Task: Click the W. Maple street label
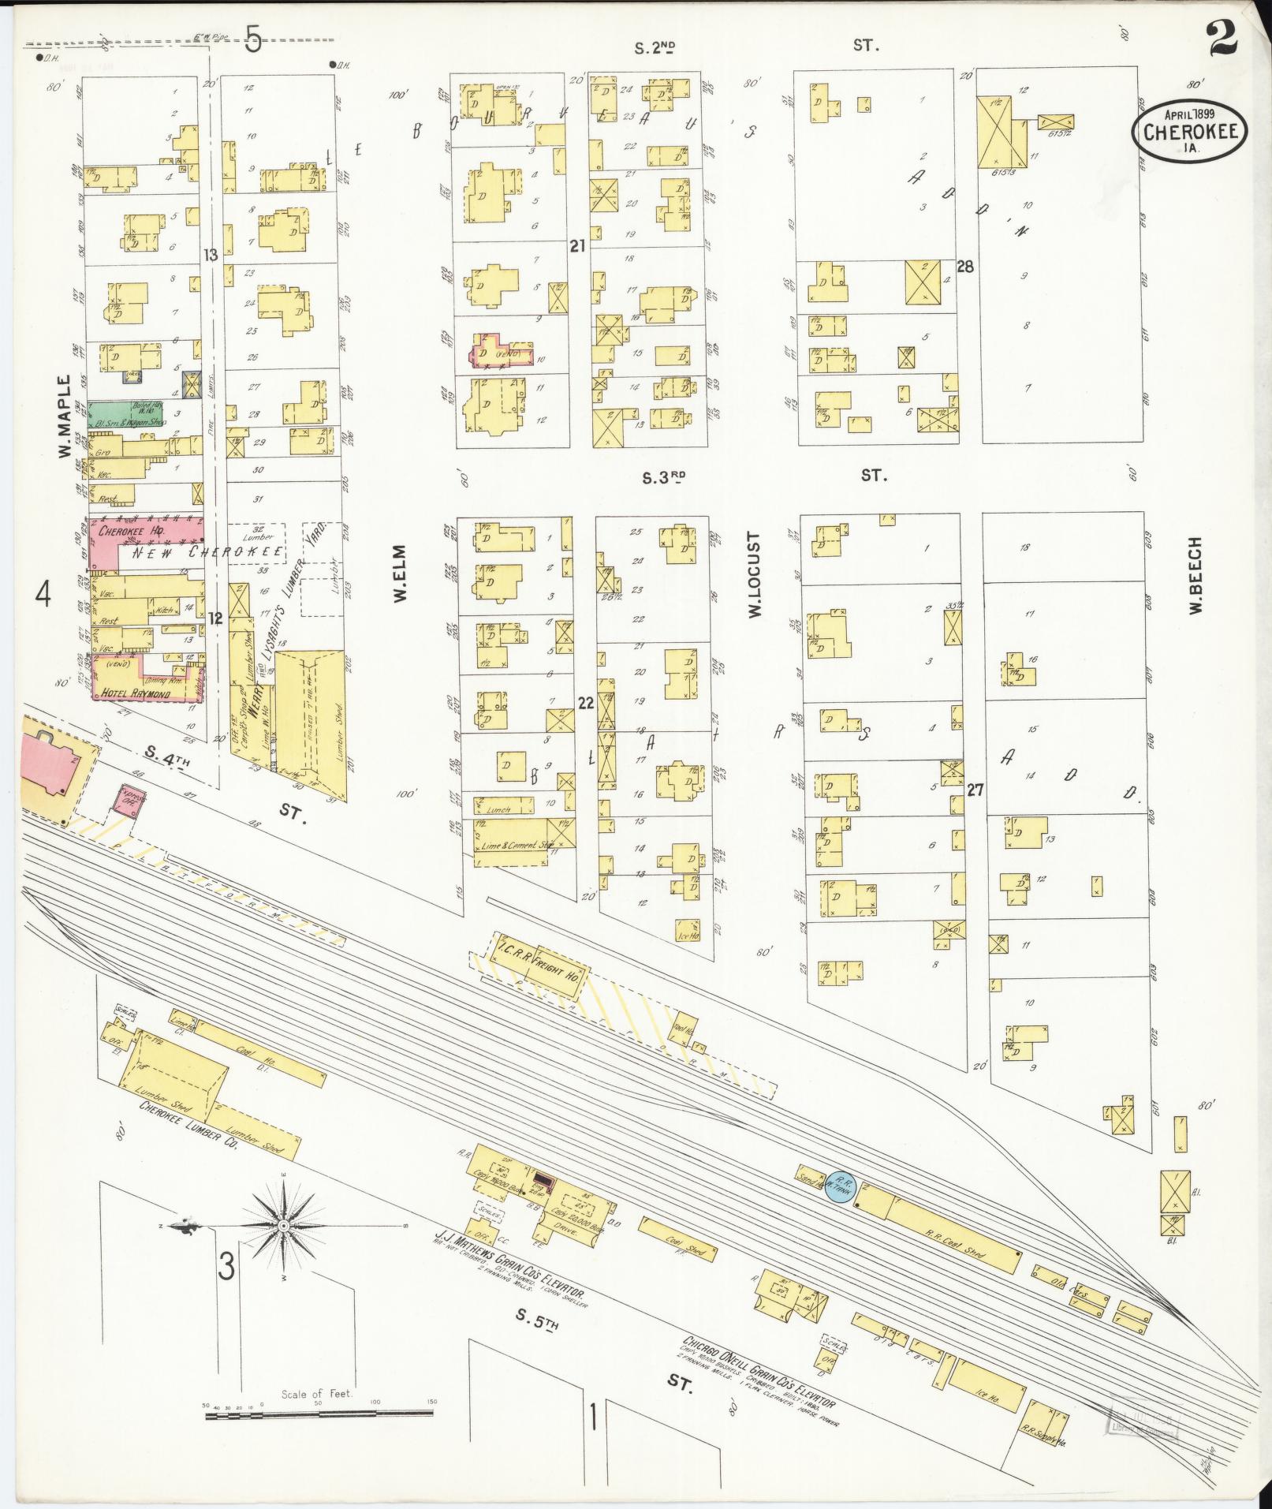coord(65,416)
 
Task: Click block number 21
coord(578,247)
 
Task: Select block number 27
coord(975,789)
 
